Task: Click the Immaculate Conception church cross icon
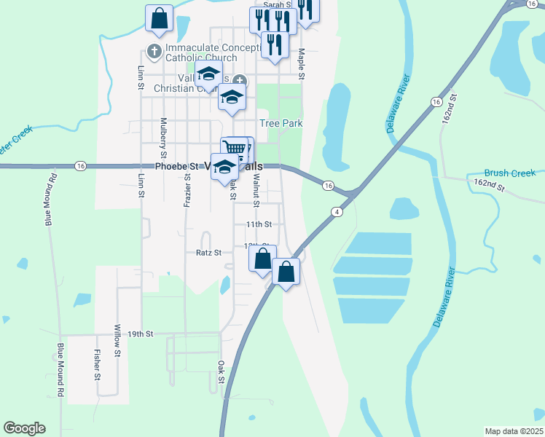[153, 51]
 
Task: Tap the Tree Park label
[281, 124]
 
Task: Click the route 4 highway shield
[337, 212]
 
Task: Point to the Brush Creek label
[510, 173]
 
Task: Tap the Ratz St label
[208, 253]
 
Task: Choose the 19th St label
[141, 334]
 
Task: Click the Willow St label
[117, 340]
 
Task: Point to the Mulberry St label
[163, 138]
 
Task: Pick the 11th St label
[259, 224]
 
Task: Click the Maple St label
[301, 64]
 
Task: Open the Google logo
[24, 428]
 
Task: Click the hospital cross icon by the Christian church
[240, 81]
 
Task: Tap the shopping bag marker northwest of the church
[159, 17]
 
